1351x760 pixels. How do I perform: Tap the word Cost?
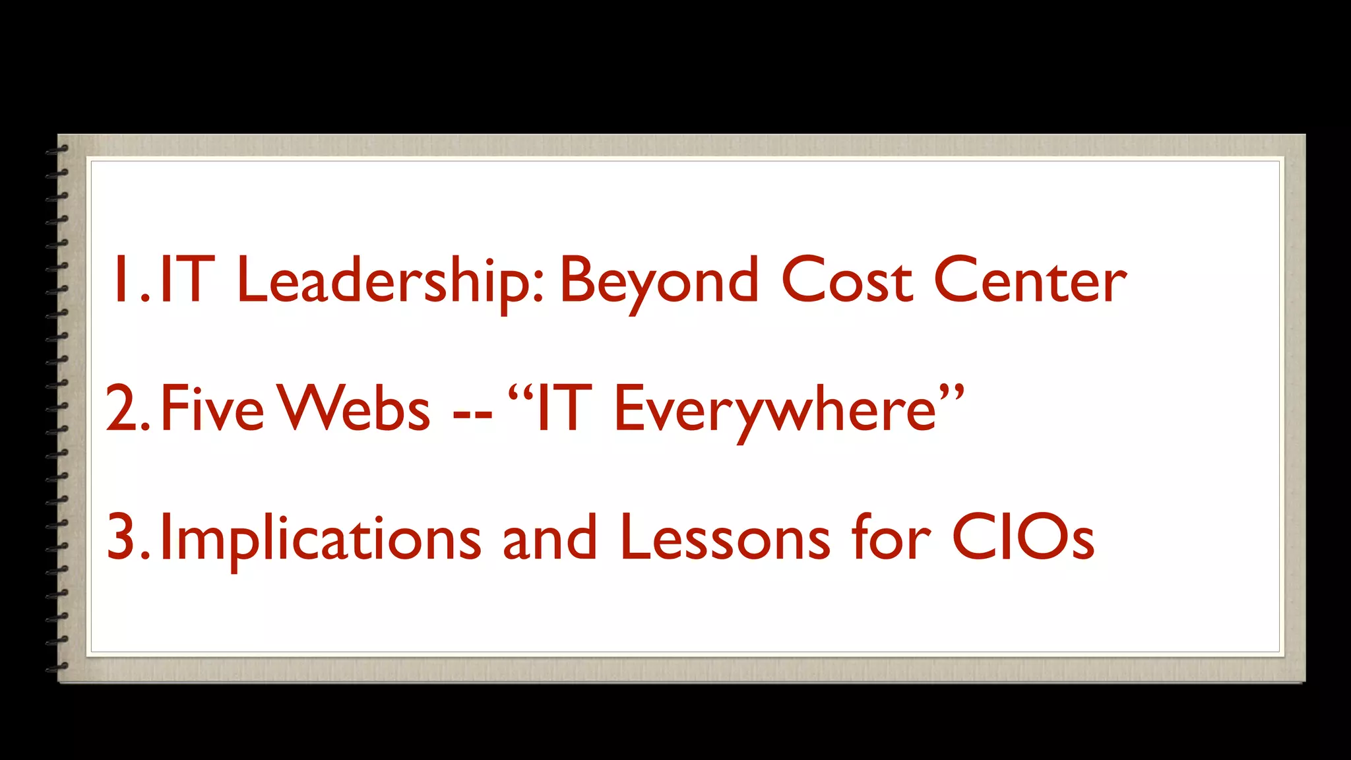(x=847, y=281)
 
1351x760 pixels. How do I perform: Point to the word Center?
(x=1030, y=281)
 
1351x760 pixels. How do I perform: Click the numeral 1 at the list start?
(x=121, y=280)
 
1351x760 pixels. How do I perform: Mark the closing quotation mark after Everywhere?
(x=952, y=393)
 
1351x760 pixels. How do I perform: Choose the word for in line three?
(x=891, y=538)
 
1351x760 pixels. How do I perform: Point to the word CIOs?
(x=1023, y=538)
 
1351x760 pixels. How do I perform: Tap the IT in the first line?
(x=187, y=280)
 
